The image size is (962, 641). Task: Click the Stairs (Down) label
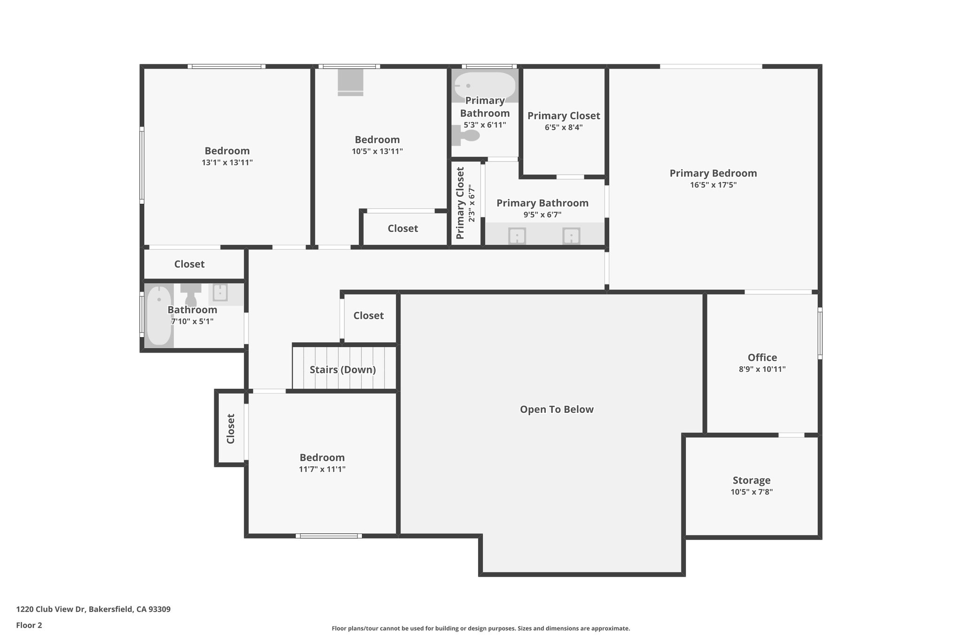342,370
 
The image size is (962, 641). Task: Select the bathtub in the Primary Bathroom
485,85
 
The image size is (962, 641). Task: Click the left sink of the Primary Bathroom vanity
517,236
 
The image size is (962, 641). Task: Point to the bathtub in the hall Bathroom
159,316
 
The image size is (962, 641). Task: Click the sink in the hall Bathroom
220,293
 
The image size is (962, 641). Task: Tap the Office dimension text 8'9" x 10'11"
762,369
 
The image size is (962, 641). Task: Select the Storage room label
751,480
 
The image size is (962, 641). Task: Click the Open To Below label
556,409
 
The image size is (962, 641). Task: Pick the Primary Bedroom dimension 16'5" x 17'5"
713,185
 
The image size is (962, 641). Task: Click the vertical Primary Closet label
460,203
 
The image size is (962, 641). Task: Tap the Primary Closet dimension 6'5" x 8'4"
563,127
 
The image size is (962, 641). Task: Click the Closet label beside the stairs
368,316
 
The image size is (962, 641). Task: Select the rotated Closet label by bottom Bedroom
231,428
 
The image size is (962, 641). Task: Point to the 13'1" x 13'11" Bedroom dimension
227,162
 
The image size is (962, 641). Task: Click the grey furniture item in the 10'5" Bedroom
350,82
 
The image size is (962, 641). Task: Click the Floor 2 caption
29,626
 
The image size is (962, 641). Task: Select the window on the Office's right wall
820,333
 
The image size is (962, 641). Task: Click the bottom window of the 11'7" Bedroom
329,536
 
